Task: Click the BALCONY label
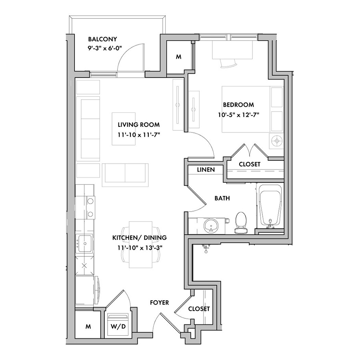102,39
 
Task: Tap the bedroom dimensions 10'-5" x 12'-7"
238,115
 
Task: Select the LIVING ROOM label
139,125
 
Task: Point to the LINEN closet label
206,170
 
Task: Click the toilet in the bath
241,223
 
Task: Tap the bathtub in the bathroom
270,207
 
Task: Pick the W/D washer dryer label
118,326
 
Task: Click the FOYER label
159,303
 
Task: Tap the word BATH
222,198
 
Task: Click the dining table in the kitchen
140,244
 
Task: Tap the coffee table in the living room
124,129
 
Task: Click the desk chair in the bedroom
229,63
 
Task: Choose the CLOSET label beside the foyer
199,309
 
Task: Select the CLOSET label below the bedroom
250,164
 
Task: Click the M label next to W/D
88,326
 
